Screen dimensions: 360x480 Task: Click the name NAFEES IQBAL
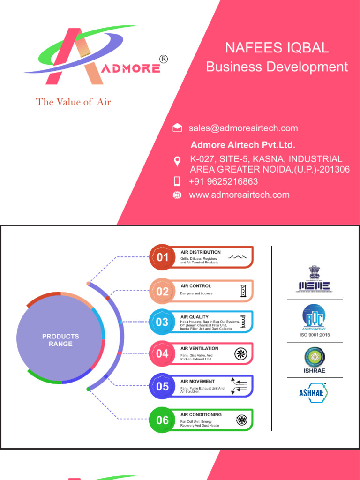tap(277, 48)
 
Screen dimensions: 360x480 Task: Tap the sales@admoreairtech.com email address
tap(243, 128)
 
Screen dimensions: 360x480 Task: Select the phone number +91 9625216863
tap(223, 181)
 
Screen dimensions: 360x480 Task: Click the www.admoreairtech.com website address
tap(239, 195)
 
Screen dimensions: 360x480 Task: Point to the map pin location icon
tap(177, 162)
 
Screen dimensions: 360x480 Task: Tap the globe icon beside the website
tap(177, 195)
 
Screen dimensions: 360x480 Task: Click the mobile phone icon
tap(177, 181)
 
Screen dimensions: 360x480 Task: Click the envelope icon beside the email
tap(177, 128)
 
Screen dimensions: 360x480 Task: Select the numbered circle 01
tap(162, 257)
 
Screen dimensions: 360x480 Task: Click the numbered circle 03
tap(162, 322)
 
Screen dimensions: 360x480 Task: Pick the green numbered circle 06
tap(162, 420)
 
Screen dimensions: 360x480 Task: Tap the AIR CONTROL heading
tap(196, 286)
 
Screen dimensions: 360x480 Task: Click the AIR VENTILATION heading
tap(199, 349)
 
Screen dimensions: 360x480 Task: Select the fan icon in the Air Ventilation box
tap(241, 354)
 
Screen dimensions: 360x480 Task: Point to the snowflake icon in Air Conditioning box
tap(241, 420)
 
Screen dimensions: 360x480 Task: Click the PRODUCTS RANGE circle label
tap(60, 340)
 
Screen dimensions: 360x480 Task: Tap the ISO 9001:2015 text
tap(315, 335)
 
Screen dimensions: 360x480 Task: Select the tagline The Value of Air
tap(74, 102)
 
